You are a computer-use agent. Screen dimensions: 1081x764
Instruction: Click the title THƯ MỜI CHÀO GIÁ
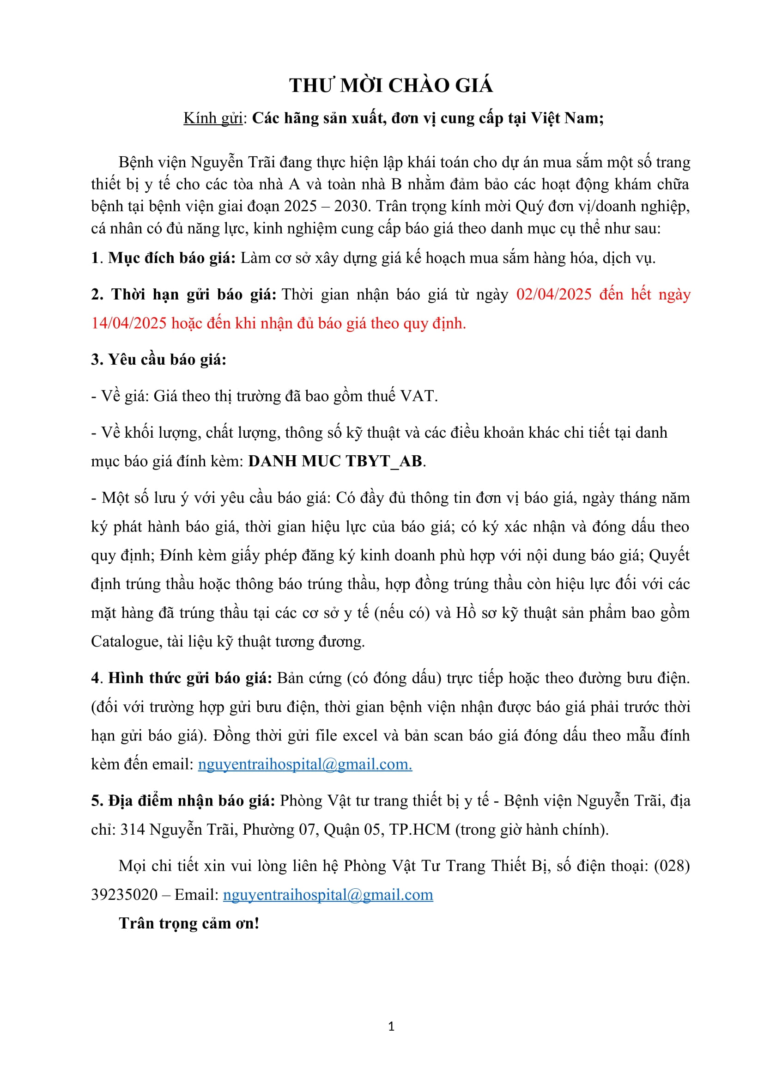click(391, 86)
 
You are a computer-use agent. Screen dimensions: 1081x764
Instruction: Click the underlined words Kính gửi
click(212, 118)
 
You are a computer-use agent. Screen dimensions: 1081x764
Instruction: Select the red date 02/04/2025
click(554, 294)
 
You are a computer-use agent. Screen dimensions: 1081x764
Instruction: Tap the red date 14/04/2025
click(128, 324)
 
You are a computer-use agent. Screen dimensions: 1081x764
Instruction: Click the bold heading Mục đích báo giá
click(172, 258)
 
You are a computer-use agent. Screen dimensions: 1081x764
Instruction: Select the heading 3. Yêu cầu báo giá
click(158, 360)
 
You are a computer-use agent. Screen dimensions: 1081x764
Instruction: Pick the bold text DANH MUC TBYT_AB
click(335, 461)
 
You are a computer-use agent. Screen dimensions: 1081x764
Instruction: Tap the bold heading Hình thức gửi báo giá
click(190, 678)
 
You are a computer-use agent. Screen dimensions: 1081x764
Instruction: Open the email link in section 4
click(305, 764)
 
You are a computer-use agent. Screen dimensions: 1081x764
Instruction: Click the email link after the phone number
click(328, 895)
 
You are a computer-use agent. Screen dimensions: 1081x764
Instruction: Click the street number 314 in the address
click(133, 830)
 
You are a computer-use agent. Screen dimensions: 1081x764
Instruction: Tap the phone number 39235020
click(124, 895)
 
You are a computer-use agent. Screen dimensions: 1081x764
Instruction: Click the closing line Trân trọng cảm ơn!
click(189, 923)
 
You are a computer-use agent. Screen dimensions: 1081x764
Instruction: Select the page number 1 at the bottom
click(391, 1027)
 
